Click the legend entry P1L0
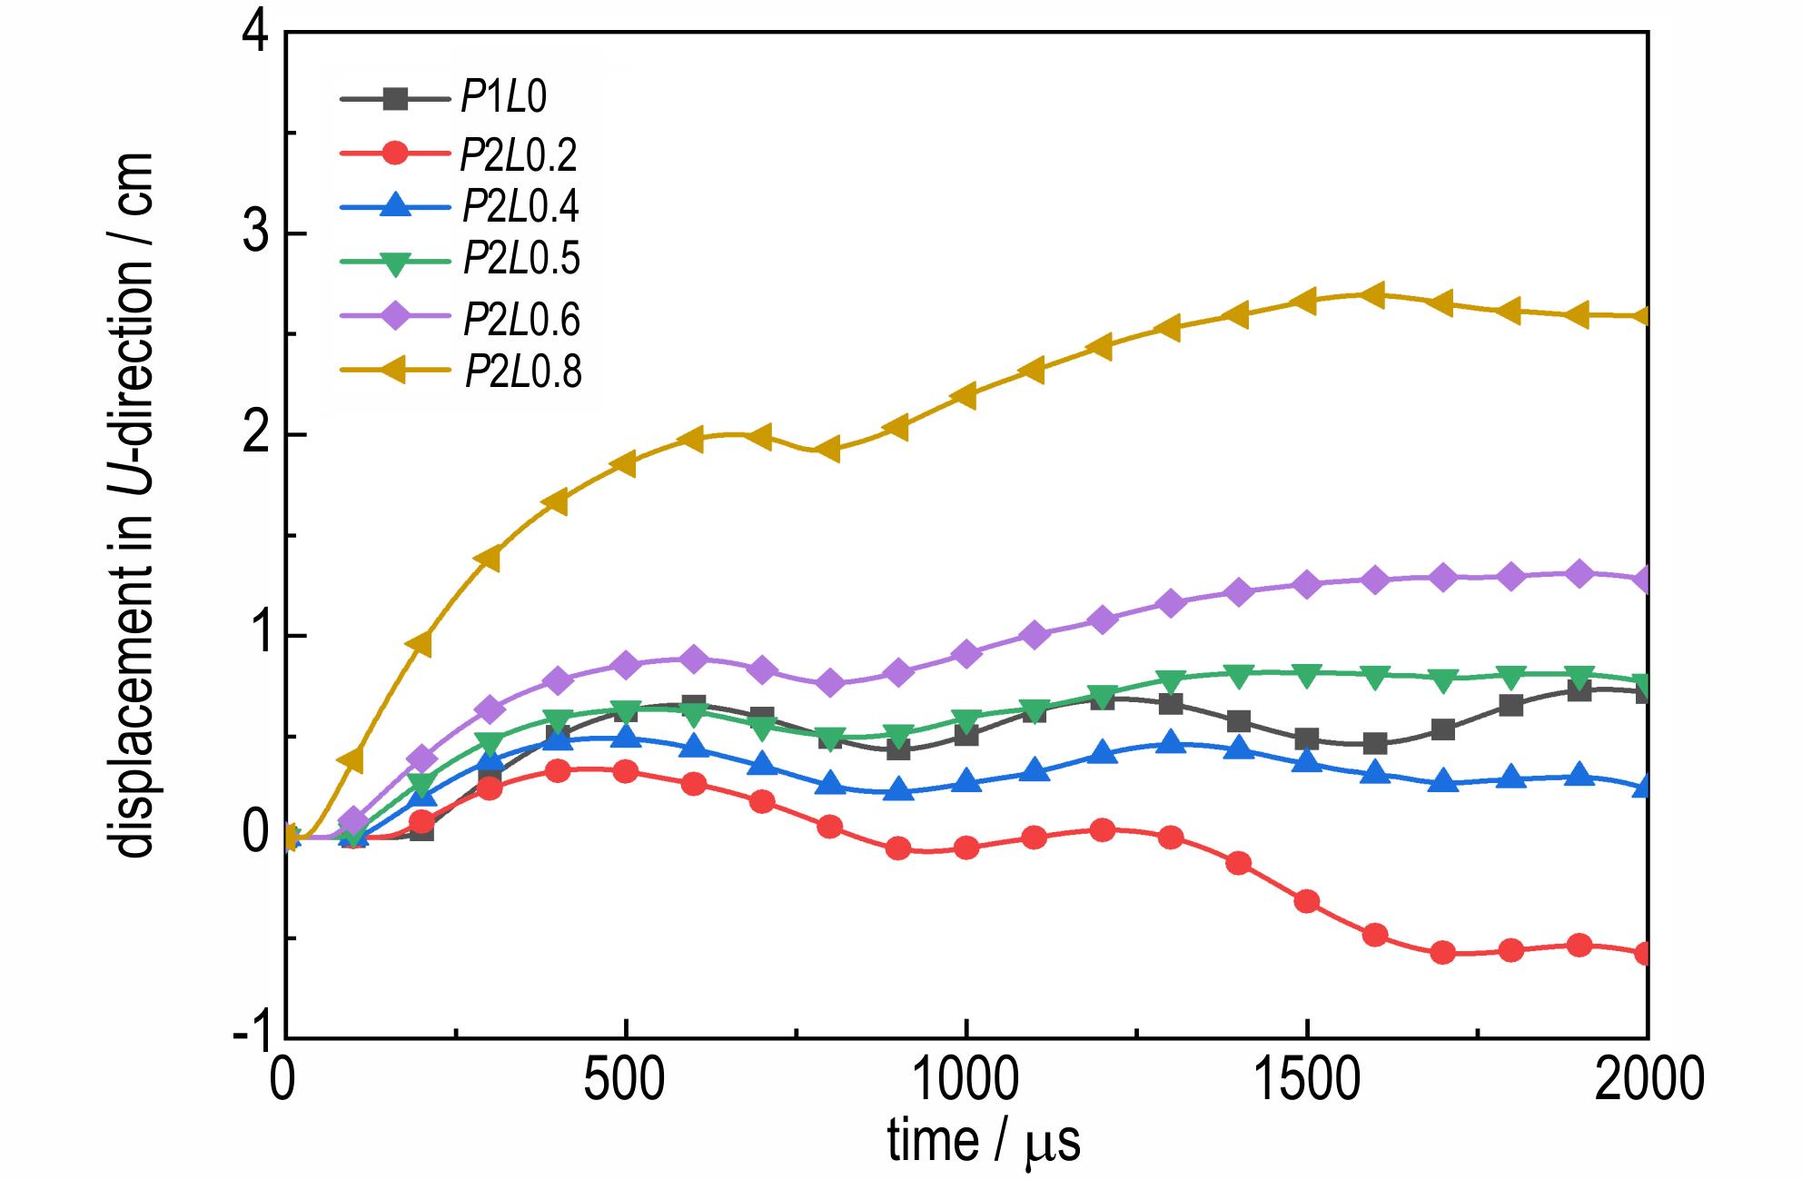[503, 97]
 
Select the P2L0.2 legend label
[518, 155]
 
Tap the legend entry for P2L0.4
[520, 207]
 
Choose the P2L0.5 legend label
[520, 259]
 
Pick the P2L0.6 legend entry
[521, 318]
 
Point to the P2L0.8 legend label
[522, 371]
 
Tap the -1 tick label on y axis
[250, 1036]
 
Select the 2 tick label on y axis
[259, 435]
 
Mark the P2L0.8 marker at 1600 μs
[1374, 295]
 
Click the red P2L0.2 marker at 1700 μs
[1442, 953]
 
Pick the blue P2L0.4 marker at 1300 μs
[1171, 744]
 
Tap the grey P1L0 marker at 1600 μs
[1374, 744]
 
